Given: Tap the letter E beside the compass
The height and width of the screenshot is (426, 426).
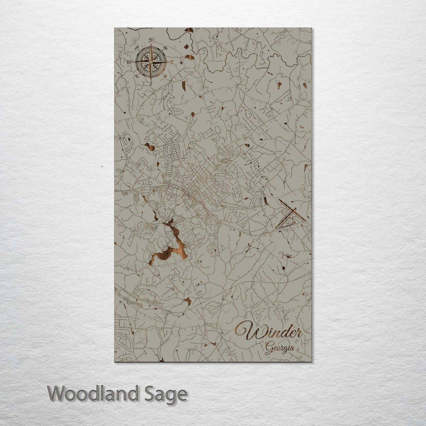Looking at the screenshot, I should tap(172, 62).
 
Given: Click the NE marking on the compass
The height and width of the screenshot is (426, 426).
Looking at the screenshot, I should tap(166, 48).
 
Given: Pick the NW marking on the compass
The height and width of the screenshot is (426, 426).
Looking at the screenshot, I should tap(136, 48).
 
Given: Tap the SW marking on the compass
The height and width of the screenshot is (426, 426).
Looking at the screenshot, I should tap(136, 76).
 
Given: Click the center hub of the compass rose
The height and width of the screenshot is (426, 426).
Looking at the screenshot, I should tap(151, 62).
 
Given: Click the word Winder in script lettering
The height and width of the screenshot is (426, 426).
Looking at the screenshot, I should tap(269, 333).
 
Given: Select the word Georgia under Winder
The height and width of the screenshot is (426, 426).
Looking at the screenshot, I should tap(280, 348).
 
